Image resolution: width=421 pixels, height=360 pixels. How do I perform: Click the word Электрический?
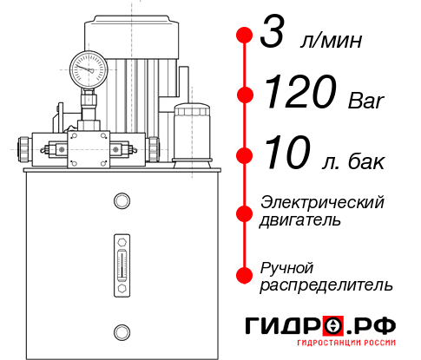pyautogui.click(x=322, y=202)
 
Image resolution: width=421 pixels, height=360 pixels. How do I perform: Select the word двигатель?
pyautogui.click(x=300, y=220)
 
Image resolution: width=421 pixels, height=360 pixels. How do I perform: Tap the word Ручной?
pyautogui.click(x=287, y=266)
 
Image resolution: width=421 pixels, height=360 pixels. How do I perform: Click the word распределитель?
pyautogui.click(x=326, y=285)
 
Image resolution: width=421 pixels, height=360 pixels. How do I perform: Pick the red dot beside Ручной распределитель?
pyautogui.click(x=245, y=275)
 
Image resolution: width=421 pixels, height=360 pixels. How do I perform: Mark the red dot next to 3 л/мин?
pyautogui.click(x=245, y=36)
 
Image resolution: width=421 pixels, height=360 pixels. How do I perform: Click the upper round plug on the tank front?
pyautogui.click(x=121, y=201)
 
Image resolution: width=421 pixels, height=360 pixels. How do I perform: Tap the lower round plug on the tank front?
pyautogui.click(x=121, y=331)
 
